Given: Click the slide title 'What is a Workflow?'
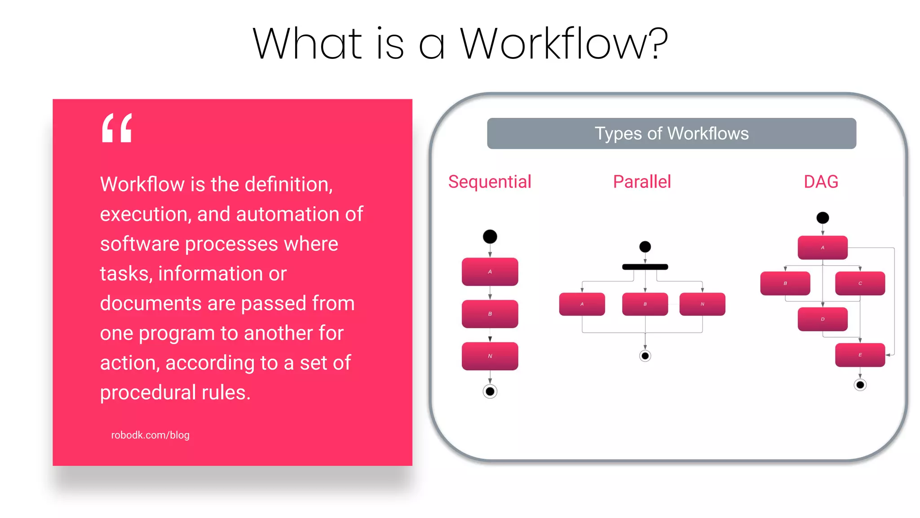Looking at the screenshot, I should point(460,44).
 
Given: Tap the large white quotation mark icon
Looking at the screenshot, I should point(117,128).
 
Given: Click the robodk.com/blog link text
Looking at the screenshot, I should point(150,435).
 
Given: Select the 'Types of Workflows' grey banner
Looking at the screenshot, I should point(671,134).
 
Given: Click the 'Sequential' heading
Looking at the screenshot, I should point(490,182).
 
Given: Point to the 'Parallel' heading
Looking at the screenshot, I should point(641,182).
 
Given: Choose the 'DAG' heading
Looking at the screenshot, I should point(821,182).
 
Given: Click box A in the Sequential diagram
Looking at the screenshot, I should point(490,272).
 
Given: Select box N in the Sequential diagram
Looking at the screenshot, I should point(490,356).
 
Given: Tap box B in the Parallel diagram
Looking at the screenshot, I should point(645,304).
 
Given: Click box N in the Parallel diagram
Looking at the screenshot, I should point(702,304).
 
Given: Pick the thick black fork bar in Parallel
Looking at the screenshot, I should point(645,267).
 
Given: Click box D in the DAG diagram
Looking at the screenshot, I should point(823,319).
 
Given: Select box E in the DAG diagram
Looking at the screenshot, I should point(860,355).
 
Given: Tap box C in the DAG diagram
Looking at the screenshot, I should point(860,283).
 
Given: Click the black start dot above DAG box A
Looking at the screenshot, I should point(823,218).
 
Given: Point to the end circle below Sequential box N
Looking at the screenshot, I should point(490,391).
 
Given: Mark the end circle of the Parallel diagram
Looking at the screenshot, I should point(645,356).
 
